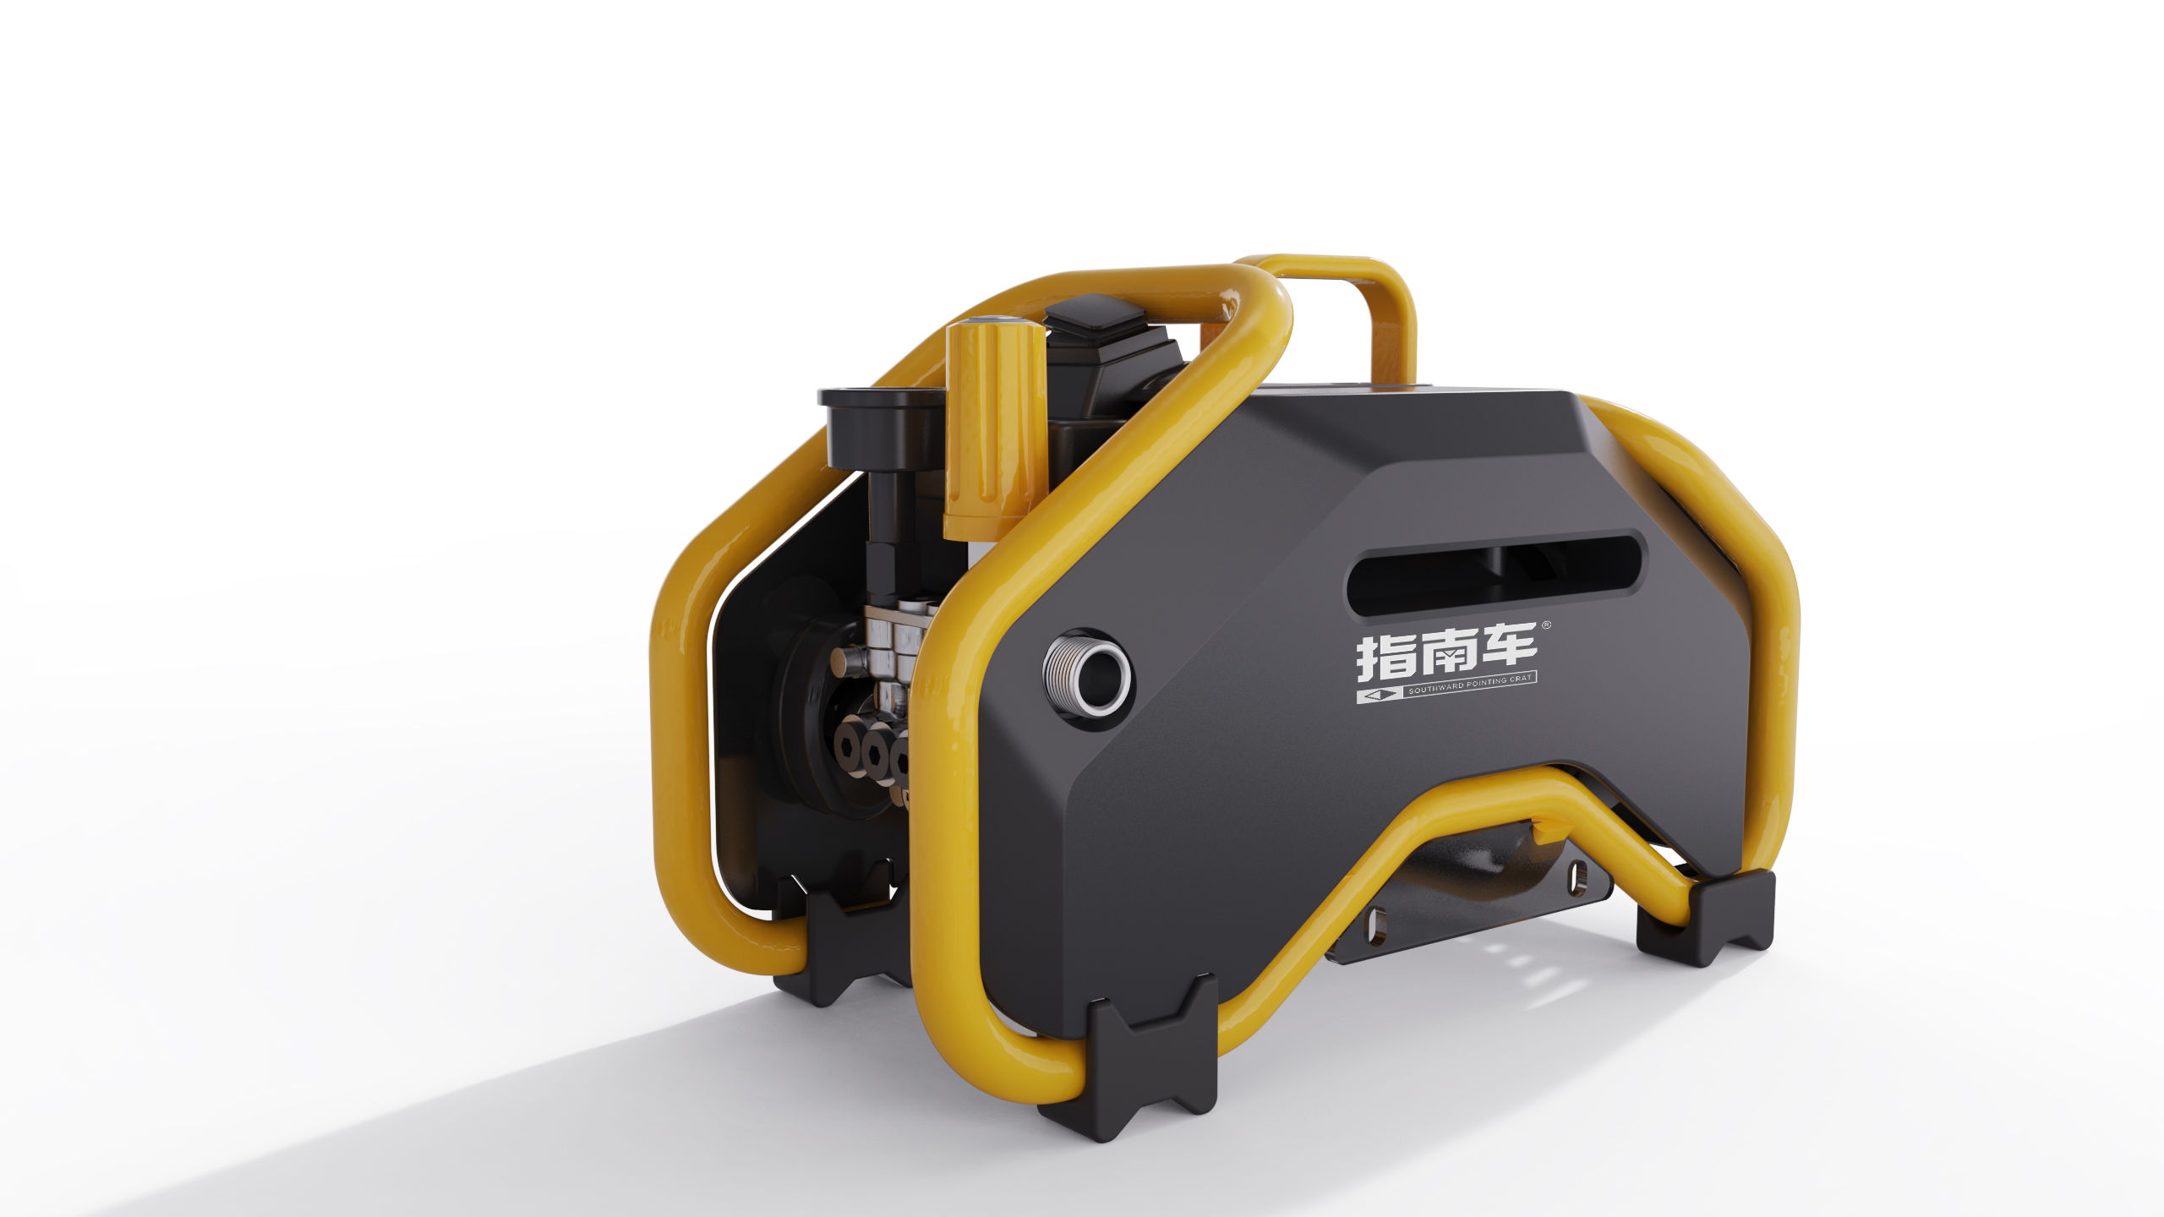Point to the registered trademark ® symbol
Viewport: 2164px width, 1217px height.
point(1546,625)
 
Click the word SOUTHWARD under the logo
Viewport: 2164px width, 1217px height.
point(1435,690)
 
